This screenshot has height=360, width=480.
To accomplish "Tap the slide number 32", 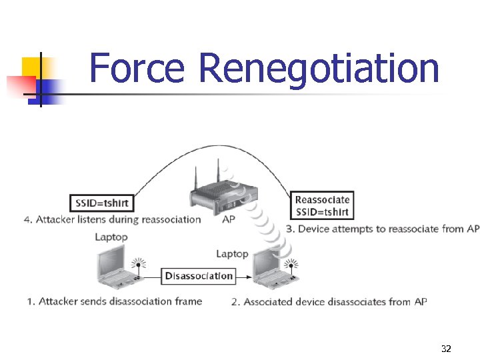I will click(446, 349).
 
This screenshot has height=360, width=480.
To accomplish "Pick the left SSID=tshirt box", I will click(103, 203).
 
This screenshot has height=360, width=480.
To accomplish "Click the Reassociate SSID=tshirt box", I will click(322, 206).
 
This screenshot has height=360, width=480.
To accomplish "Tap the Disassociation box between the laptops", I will click(199, 276).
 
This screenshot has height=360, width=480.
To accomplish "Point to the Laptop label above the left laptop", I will click(111, 237).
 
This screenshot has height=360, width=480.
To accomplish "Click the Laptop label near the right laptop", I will click(232, 253).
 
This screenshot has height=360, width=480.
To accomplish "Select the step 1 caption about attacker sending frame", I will click(114, 301).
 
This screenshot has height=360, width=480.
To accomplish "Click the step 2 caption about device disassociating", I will click(329, 302).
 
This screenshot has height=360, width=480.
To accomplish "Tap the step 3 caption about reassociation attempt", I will click(383, 229).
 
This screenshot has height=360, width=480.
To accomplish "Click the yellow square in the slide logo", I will click(31, 67).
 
